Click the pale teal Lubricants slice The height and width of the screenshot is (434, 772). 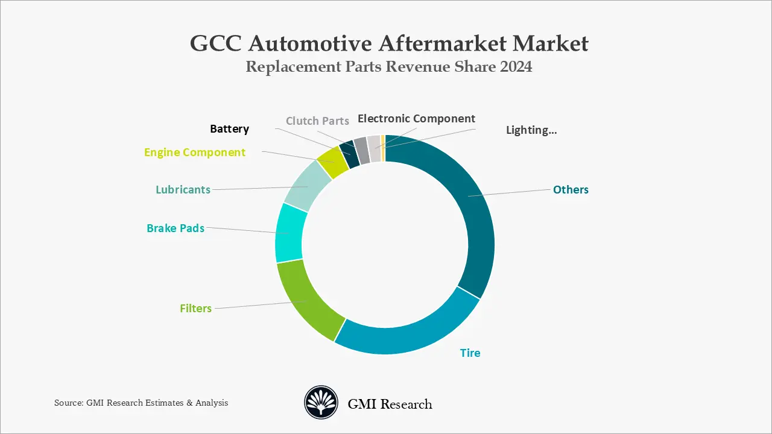tap(306, 186)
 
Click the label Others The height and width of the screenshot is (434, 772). tap(571, 189)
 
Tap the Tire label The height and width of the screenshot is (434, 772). tap(470, 353)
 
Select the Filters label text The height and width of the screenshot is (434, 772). tap(195, 308)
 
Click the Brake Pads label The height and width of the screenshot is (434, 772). tap(176, 228)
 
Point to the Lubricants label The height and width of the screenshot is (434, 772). tap(183, 189)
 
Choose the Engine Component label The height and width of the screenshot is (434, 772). tap(195, 153)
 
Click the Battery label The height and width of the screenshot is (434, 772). tap(229, 128)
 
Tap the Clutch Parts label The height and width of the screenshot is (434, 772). tap(317, 121)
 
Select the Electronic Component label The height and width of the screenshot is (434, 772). tap(416, 118)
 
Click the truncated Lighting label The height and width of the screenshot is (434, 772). tap(531, 130)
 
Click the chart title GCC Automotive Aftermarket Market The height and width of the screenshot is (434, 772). tap(389, 43)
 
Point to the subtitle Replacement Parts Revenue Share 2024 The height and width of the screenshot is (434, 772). tap(389, 66)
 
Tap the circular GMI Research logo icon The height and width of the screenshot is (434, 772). tap(321, 403)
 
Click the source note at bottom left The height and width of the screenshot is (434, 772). tap(141, 403)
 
